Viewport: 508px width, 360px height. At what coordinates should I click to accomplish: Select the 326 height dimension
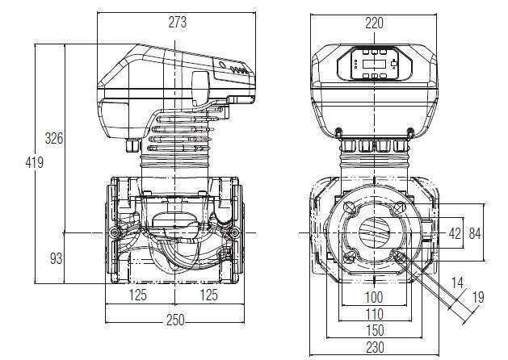pos(53,138)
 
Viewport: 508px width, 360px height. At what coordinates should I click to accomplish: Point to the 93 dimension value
pos(56,258)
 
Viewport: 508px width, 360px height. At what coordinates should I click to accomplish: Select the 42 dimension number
pos(454,233)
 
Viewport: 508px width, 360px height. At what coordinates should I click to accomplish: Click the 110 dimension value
pos(373,313)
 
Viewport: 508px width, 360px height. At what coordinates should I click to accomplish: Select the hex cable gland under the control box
pos(132,148)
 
